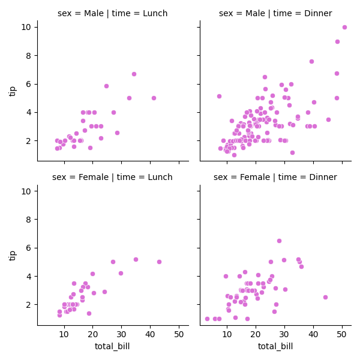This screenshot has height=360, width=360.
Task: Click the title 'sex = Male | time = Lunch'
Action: (x=113, y=13)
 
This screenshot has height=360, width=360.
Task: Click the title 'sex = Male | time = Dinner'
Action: (x=275, y=13)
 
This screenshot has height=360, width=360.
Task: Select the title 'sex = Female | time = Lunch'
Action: (x=113, y=177)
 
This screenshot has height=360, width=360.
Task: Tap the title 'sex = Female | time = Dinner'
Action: (x=275, y=177)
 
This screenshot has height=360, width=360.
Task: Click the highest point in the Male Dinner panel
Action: (x=344, y=27)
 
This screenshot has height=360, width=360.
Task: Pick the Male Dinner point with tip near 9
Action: (x=337, y=41)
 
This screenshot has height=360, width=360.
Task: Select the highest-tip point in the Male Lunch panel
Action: (x=134, y=74)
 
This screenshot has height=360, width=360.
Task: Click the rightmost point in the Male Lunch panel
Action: (x=154, y=98)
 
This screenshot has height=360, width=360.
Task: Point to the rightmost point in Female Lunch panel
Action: (x=159, y=262)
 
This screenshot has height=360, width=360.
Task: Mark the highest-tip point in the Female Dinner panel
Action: (x=279, y=241)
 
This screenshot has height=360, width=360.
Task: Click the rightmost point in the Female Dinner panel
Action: (x=325, y=297)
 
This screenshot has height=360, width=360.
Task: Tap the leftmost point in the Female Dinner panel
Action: (x=207, y=319)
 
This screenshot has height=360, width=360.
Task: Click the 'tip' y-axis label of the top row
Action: (x=13, y=91)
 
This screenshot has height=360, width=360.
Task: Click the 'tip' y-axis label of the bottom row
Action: (x=13, y=255)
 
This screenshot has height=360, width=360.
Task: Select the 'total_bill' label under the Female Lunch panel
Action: (x=112, y=346)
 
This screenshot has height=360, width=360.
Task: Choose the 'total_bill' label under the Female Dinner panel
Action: (x=275, y=346)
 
